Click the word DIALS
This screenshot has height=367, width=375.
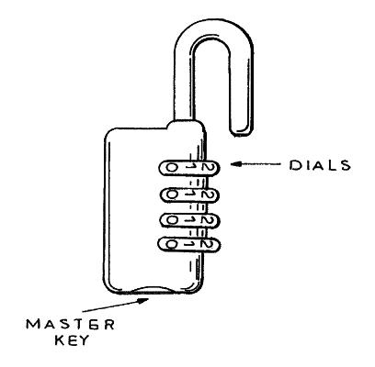tap(320, 165)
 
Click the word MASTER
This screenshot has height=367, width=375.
tap(71, 324)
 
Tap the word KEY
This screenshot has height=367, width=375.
tap(72, 339)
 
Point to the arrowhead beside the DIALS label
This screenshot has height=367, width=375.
tap(236, 164)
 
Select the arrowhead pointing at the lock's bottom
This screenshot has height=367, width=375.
tap(143, 300)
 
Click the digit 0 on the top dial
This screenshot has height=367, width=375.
tap(171, 167)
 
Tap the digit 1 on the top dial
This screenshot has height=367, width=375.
tap(191, 167)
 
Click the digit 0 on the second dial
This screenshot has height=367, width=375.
tap(171, 195)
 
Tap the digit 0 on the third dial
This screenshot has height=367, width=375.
tap(172, 219)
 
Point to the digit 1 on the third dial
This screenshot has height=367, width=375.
tap(190, 219)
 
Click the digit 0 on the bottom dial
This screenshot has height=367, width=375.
tap(171, 244)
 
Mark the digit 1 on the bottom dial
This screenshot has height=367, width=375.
tap(190, 244)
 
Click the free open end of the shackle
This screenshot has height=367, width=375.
tap(242, 132)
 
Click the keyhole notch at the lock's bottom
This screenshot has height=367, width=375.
tap(153, 290)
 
